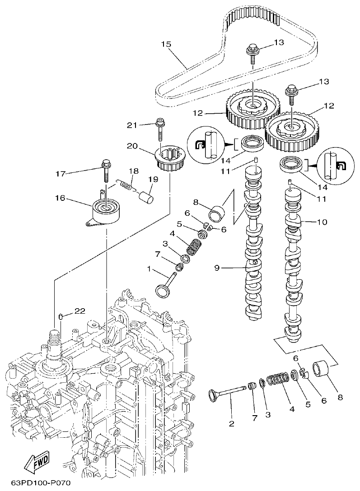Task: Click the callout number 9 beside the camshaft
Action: (x=217, y=268)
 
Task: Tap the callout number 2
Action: (x=231, y=423)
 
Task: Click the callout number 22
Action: (x=79, y=311)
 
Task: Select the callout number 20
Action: (x=132, y=146)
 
